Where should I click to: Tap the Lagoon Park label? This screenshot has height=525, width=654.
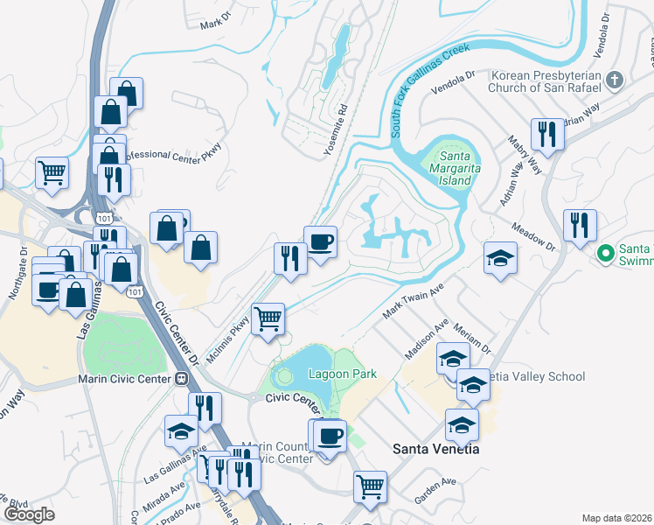tap(343, 374)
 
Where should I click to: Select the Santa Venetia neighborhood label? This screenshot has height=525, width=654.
tap(435, 449)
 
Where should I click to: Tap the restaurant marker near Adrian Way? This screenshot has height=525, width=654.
tap(547, 134)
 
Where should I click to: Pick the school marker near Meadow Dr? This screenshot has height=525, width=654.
tap(500, 257)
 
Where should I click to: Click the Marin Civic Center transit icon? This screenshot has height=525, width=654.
tap(182, 379)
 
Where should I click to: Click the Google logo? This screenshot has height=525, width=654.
tap(29, 514)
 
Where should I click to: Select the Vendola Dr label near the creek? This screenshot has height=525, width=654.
tap(452, 77)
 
